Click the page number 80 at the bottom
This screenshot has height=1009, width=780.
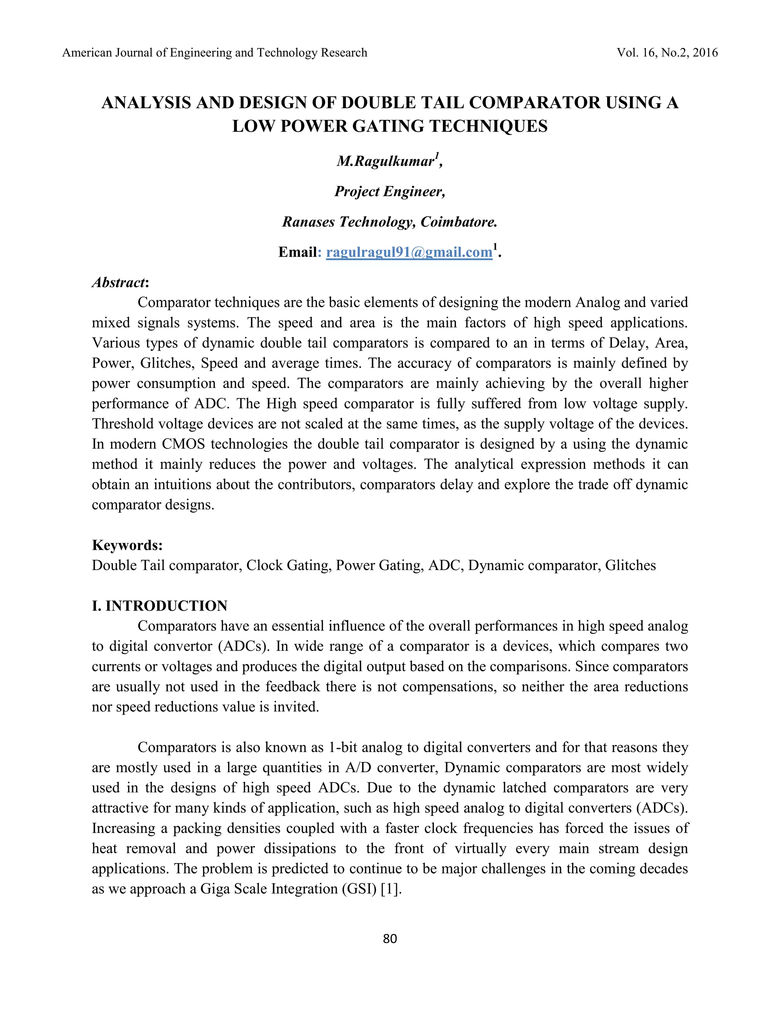coord(390,938)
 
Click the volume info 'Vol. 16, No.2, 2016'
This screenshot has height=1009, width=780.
coord(667,53)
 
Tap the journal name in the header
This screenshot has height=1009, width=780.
coord(214,53)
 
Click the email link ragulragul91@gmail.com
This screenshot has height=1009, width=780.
coord(409,252)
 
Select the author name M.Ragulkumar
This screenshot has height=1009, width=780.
coord(386,161)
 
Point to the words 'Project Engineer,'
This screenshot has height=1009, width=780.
coord(390,191)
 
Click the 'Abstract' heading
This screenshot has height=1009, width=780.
coord(119,282)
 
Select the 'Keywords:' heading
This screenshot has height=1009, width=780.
coord(127,545)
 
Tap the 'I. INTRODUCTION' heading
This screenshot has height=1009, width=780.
coord(160,606)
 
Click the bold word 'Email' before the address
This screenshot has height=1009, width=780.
coord(297,252)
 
